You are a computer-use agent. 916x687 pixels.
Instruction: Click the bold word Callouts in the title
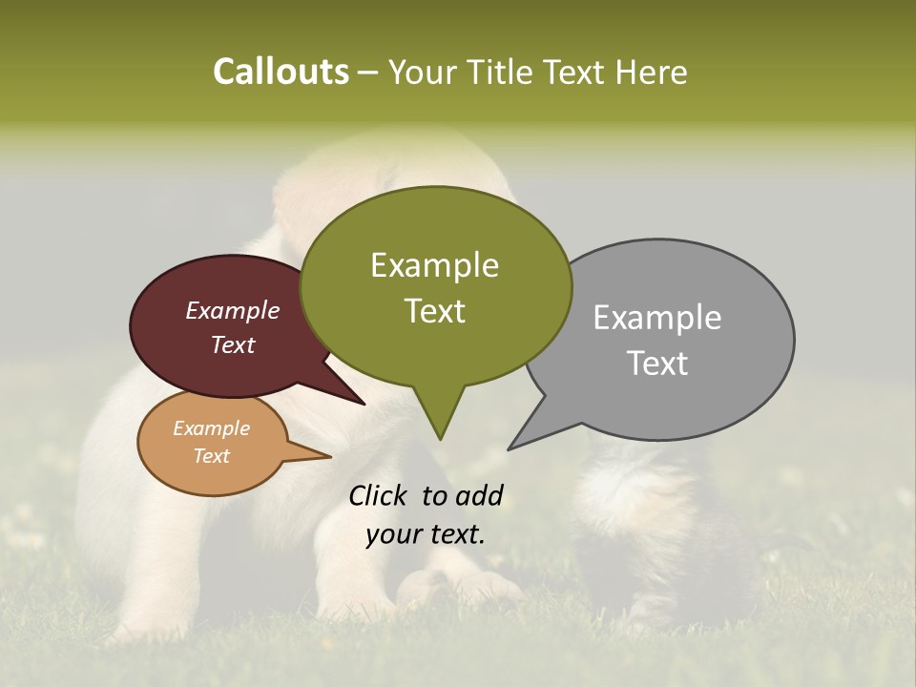click(x=281, y=72)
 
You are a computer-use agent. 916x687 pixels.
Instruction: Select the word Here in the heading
click(x=652, y=72)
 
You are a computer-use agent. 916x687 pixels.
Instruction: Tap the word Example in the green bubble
click(x=434, y=265)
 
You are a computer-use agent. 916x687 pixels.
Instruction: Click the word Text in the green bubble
click(x=435, y=310)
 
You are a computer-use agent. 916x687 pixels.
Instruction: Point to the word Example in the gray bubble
click(x=656, y=318)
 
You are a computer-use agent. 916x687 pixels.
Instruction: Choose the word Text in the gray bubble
click(x=657, y=363)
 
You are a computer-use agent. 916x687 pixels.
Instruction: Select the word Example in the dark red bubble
click(x=232, y=310)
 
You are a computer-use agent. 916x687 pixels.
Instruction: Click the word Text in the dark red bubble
click(x=233, y=344)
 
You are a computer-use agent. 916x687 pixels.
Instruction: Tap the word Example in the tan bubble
click(x=211, y=428)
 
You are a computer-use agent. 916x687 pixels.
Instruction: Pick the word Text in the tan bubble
click(x=211, y=456)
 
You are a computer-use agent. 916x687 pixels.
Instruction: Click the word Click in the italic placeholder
click(x=380, y=495)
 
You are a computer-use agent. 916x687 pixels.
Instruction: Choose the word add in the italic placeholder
click(x=479, y=495)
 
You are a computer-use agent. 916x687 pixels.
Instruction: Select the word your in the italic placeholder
click(x=393, y=534)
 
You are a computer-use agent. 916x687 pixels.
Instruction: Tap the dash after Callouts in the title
click(x=367, y=72)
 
